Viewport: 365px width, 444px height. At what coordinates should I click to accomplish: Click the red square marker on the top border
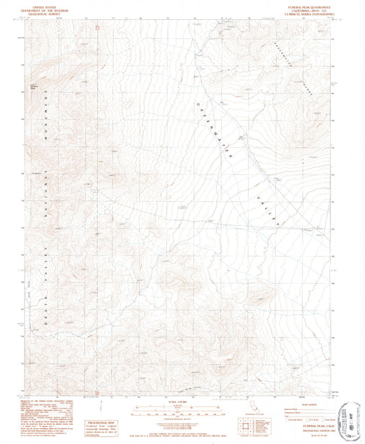point(98,27)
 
